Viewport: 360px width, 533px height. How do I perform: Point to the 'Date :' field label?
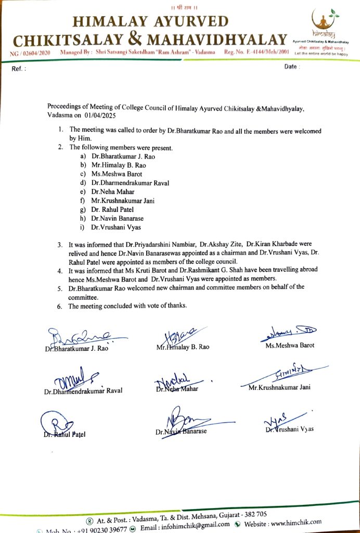pos(292,68)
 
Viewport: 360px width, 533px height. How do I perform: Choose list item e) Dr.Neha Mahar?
pos(112,191)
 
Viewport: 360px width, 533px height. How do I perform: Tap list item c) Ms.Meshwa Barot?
pos(116,173)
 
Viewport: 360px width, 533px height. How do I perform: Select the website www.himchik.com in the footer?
pos(293,522)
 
